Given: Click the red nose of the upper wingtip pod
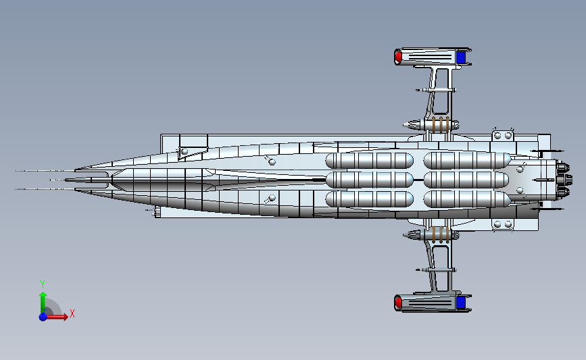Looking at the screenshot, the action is (398, 56).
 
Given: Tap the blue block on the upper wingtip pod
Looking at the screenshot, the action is (461, 57).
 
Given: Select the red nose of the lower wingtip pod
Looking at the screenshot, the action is (398, 302).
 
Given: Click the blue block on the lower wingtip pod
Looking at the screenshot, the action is (461, 302).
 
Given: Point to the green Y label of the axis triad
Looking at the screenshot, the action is (42, 284).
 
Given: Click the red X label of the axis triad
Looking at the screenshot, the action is (72, 313).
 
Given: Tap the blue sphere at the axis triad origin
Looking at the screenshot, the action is (43, 316).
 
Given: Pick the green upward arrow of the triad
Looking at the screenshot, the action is (43, 299).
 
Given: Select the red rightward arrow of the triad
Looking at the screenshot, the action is (59, 316).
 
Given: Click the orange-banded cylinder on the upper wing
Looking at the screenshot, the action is (438, 124).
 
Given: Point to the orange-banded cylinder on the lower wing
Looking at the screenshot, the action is (438, 234).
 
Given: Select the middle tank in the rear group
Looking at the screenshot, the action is (467, 180).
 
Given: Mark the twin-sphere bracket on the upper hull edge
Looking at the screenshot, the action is (503, 135).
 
